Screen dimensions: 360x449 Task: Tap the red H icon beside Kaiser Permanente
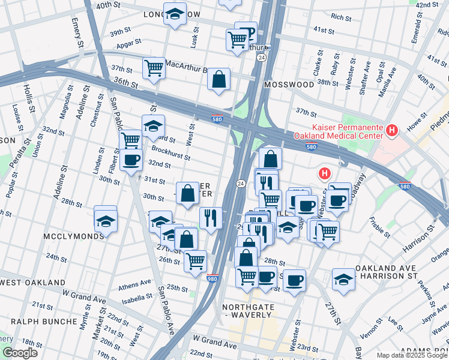tap(392, 130)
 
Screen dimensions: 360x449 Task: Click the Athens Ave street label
tap(135, 283)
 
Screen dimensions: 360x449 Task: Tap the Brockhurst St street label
tap(170, 154)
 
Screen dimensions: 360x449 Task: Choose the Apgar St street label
tap(129, 43)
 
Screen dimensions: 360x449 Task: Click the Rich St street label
tap(341, 17)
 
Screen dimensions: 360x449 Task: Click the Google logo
tap(19, 353)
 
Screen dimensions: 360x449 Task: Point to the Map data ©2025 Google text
tap(411, 355)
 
